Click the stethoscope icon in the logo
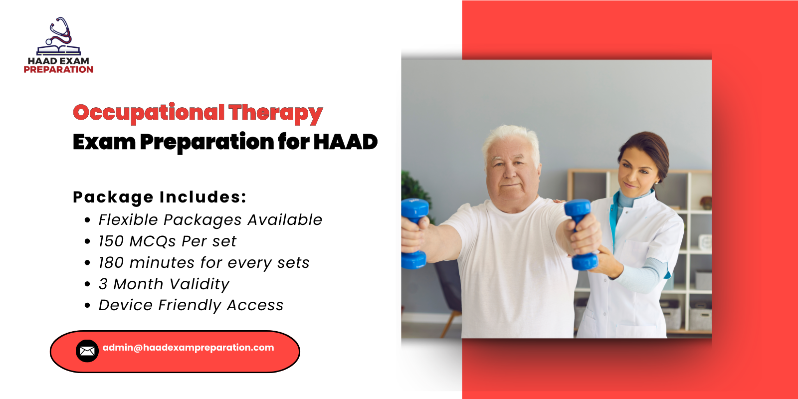tap(60, 31)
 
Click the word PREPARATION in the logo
tap(58, 70)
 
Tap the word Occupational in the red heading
tap(149, 113)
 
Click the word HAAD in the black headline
tap(345, 142)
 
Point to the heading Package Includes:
tap(160, 197)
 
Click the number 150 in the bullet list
tap(111, 241)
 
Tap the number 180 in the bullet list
tap(111, 263)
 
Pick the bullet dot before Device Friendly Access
tap(87, 305)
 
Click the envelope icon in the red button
tap(87, 351)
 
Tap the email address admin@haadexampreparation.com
tap(188, 348)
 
